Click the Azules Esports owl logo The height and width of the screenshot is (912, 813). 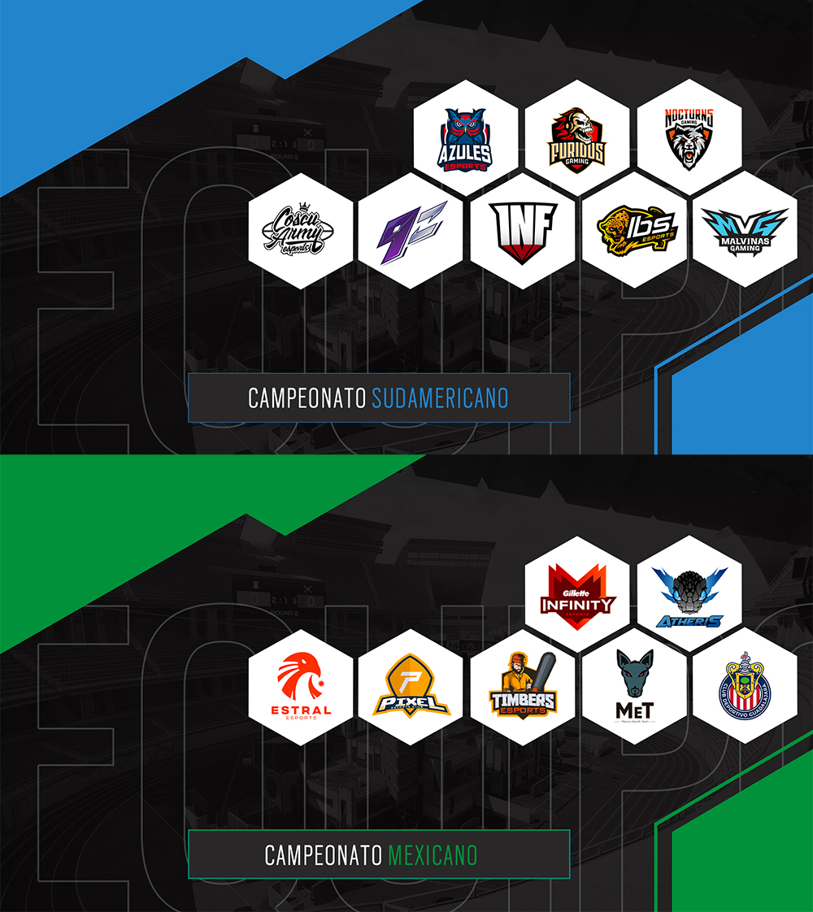465,139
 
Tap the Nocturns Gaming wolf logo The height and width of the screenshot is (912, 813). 689,139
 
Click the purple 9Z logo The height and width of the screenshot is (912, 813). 411,230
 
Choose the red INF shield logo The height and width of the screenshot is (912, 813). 522,231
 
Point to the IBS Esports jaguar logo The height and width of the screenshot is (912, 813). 635,230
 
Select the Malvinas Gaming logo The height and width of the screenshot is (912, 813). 745,231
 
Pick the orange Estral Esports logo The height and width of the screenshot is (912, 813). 300,688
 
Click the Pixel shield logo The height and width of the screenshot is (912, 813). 411,688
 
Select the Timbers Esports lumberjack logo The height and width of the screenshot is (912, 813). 522,687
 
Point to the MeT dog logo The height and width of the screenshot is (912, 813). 634,688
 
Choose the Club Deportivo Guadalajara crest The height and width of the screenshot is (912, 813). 745,688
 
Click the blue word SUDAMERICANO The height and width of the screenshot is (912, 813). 440,398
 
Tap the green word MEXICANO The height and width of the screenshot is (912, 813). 433,855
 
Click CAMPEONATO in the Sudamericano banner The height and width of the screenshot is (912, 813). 307,398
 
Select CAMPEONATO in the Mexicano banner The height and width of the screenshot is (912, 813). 324,855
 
